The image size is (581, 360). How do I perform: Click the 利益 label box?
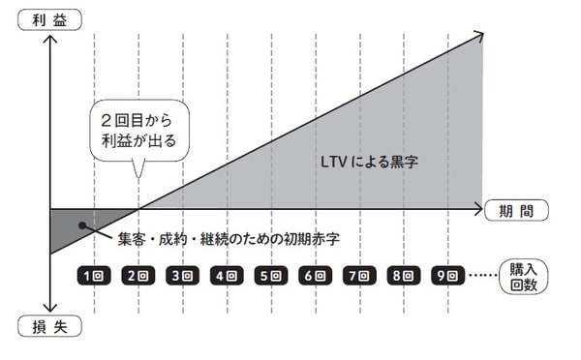[46, 18]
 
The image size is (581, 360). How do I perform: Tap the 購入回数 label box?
[523, 278]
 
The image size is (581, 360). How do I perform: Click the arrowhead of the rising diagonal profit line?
[476, 38]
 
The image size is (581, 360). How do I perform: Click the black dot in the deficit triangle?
[84, 227]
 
